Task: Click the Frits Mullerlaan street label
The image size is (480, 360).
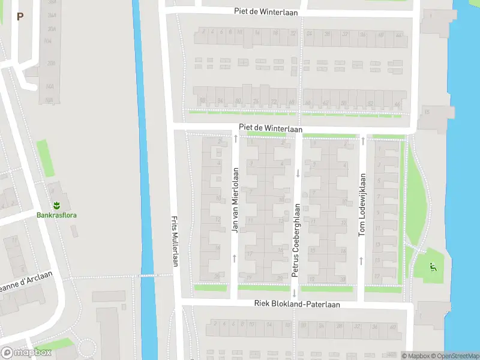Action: click(175, 241)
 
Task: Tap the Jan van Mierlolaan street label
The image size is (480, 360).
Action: click(235, 200)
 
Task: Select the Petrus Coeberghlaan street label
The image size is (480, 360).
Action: click(295, 240)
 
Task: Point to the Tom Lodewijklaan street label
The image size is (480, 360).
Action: click(362, 205)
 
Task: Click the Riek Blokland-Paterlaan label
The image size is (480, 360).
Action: click(296, 305)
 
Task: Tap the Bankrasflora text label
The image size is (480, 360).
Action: click(56, 215)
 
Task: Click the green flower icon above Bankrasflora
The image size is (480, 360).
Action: click(56, 205)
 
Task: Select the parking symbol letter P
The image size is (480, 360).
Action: click(20, 17)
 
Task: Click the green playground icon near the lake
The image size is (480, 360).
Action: click(432, 266)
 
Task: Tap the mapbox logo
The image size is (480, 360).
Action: click(26, 353)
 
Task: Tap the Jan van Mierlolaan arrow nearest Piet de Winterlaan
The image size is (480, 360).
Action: click(235, 139)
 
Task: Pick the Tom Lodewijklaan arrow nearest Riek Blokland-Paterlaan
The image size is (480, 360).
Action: click(362, 260)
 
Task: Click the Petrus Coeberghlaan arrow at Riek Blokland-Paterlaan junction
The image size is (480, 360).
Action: click(295, 294)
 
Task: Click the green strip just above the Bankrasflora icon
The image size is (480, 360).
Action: click(43, 158)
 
